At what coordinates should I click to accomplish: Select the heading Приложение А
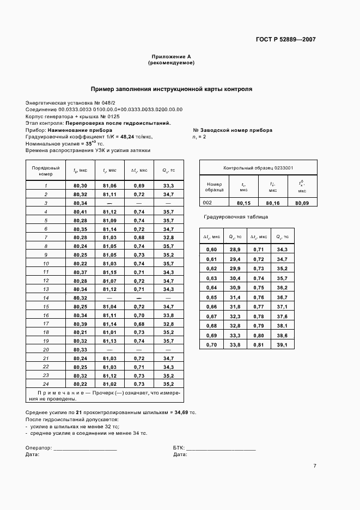171,57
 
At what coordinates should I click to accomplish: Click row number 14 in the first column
46,298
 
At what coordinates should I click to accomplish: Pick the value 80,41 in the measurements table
80,211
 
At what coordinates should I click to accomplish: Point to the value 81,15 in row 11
109,272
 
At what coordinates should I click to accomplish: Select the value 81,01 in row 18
109,332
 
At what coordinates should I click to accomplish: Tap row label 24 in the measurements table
46,384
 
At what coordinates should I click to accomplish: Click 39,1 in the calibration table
282,344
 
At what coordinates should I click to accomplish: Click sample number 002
208,203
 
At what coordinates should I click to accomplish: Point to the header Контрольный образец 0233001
259,168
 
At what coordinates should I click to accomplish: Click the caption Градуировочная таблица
236,217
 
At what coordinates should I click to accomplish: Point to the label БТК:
179,447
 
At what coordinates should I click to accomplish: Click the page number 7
315,465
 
